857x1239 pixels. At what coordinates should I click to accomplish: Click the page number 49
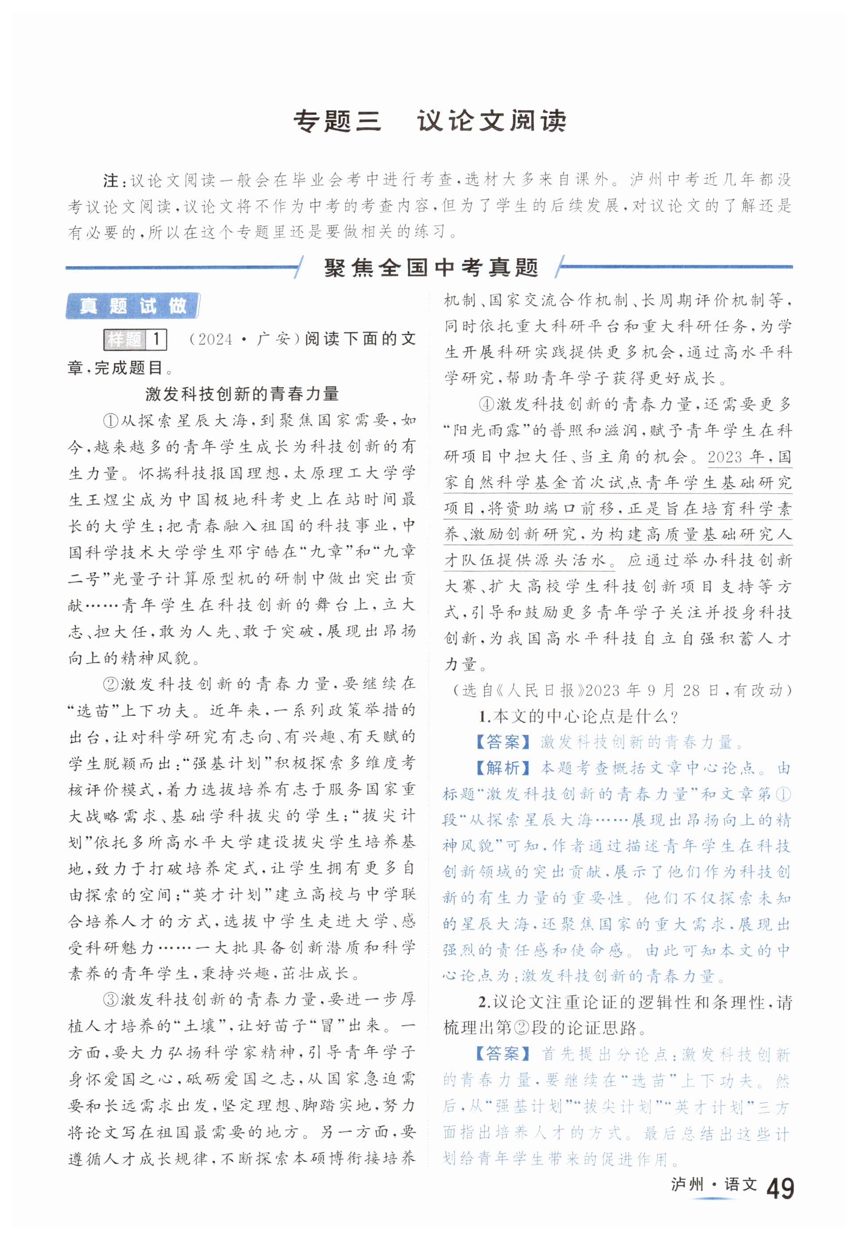(780, 1190)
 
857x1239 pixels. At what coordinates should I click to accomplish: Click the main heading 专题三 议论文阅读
(429, 121)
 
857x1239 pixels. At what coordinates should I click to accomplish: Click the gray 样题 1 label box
(135, 339)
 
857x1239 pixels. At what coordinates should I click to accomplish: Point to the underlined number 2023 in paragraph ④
(725, 457)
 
